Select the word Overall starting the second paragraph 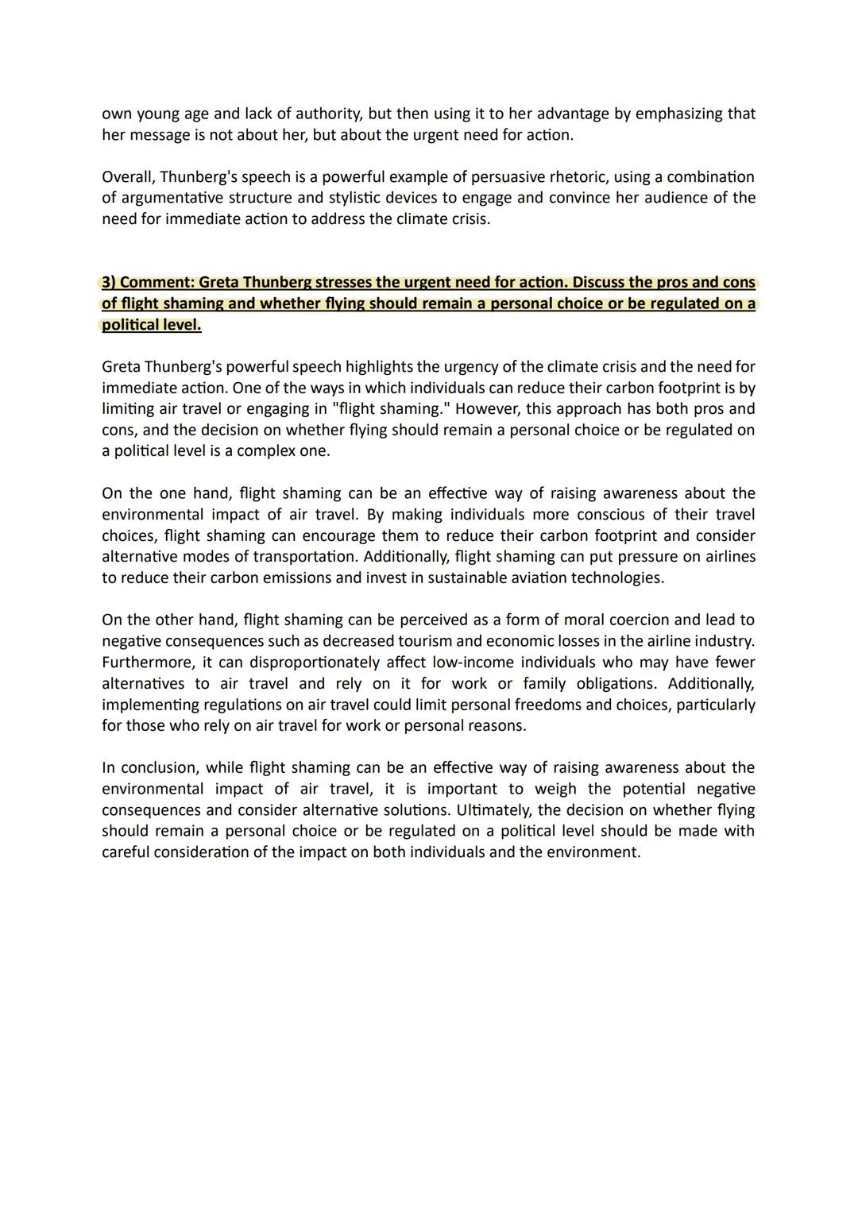(128, 176)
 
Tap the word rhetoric (567, 176)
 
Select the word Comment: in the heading (157, 283)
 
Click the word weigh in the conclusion (555, 789)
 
